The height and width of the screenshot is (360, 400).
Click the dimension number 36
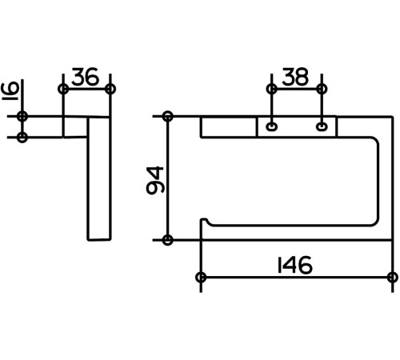click(85, 77)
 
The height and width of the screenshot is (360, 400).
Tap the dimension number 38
click(295, 77)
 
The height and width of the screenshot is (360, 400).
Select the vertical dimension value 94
click(155, 180)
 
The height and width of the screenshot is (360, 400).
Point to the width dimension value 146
click(294, 265)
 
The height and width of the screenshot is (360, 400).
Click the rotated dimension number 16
click(10, 91)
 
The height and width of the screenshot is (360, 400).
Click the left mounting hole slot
click(272, 126)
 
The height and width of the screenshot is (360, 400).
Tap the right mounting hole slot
click(322, 126)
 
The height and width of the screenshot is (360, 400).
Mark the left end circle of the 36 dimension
click(63, 89)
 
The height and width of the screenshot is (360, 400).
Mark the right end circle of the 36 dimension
click(110, 89)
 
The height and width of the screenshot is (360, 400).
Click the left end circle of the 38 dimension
click(271, 89)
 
